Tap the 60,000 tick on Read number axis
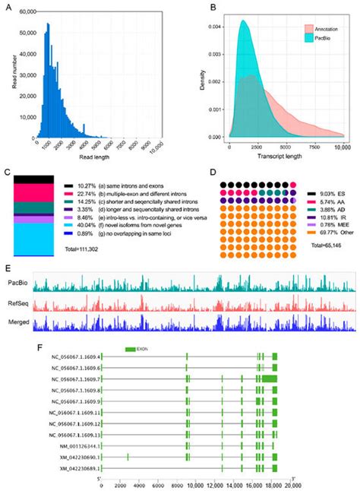click(28, 13)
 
